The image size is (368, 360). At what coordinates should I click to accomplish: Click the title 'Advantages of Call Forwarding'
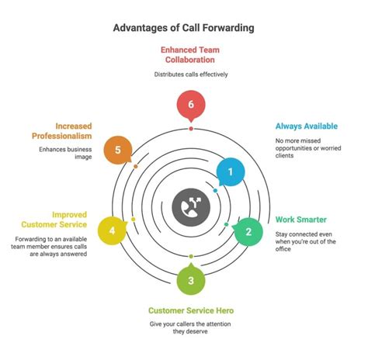point(183,28)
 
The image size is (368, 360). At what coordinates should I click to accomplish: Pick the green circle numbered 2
point(248,230)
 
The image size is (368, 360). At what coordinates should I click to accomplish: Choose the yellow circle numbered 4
point(113,231)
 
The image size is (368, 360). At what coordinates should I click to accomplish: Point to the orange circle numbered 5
point(118,149)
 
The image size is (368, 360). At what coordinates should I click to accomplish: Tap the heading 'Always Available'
point(307,126)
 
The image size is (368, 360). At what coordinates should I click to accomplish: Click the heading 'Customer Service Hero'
point(191,310)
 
